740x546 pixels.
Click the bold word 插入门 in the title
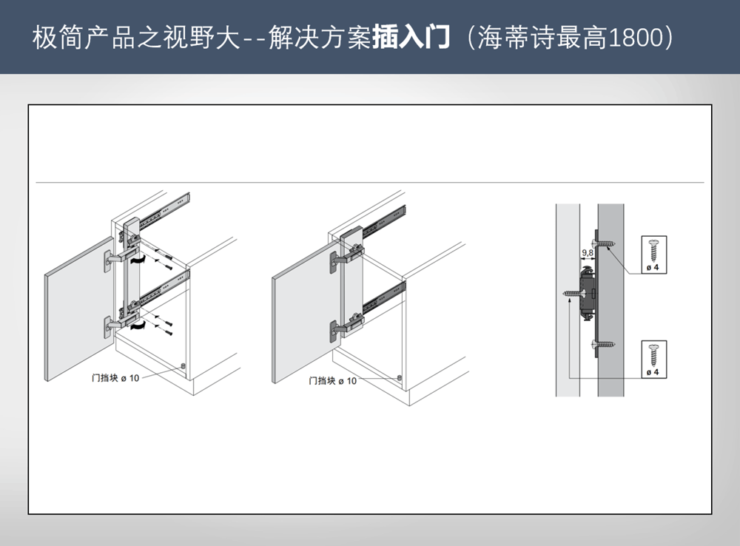pos(411,37)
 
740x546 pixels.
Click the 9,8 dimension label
pos(588,253)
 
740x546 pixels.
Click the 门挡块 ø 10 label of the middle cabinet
pos(332,380)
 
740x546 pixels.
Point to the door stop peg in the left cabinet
pos(181,366)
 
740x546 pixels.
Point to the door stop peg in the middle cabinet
pos(400,377)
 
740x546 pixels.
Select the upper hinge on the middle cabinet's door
pos(340,259)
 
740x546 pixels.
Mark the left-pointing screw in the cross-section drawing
pos(573,294)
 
